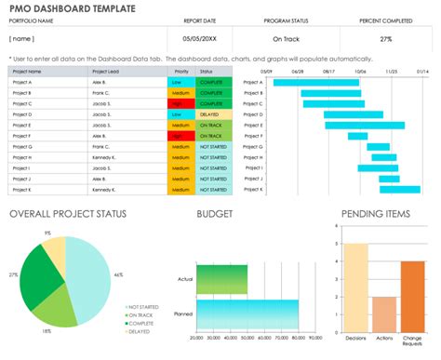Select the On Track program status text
pos(287,39)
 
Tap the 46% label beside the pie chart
pos(119,275)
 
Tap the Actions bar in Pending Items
pos(383,311)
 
